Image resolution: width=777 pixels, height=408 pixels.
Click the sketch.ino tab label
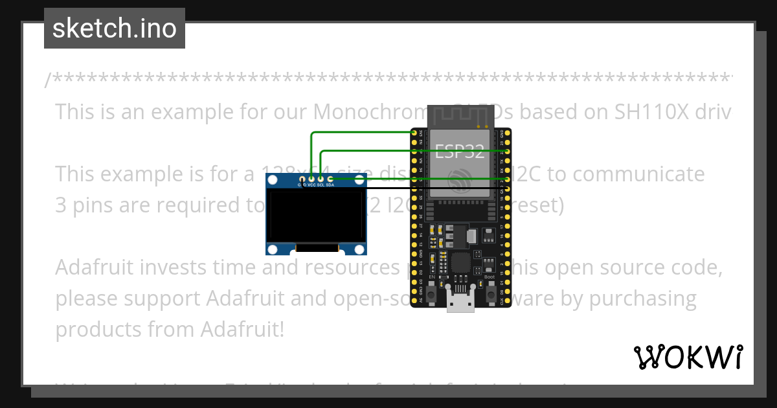115,28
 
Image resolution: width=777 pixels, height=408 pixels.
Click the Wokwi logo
688,357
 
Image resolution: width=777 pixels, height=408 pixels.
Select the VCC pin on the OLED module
311,178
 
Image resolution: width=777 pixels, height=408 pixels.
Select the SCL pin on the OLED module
321,178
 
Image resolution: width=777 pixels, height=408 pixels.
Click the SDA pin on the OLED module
330,178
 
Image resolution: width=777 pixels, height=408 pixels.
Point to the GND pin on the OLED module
302,178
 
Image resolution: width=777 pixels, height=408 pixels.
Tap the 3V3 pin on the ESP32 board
414,133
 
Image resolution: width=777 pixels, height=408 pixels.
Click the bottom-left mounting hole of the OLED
273,249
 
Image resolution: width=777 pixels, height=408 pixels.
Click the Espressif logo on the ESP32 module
459,177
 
